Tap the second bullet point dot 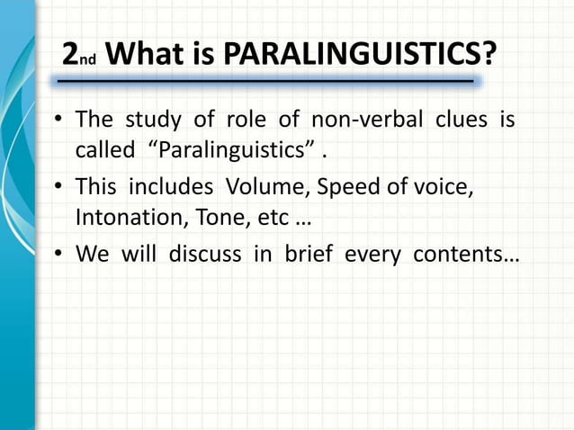click(x=59, y=188)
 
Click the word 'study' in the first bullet click(x=152, y=120)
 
